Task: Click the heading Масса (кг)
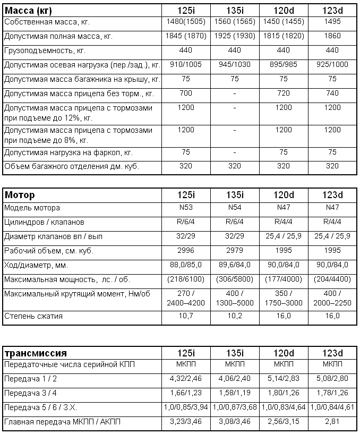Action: [x=28, y=11]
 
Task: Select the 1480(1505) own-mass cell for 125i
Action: [x=186, y=22]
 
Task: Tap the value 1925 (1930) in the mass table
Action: [x=235, y=37]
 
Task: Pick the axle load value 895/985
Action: [x=283, y=65]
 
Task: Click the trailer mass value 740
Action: [x=332, y=93]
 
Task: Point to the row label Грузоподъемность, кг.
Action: [x=45, y=50]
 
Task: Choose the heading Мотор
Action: [x=20, y=194]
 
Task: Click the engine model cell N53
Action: [x=186, y=208]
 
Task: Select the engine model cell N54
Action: [x=235, y=208]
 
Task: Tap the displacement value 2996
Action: [x=186, y=250]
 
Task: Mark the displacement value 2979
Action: [x=235, y=250]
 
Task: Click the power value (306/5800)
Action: [x=235, y=279]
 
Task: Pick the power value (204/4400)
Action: [x=332, y=279]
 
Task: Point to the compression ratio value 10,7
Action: [x=186, y=316]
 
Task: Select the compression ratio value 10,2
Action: [x=235, y=316]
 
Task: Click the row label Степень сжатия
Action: [x=33, y=316]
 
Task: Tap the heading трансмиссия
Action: [x=35, y=353]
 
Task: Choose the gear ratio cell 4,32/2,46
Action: [x=186, y=380]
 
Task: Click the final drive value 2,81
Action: [x=332, y=422]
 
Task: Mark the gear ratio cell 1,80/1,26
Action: [x=283, y=394]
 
